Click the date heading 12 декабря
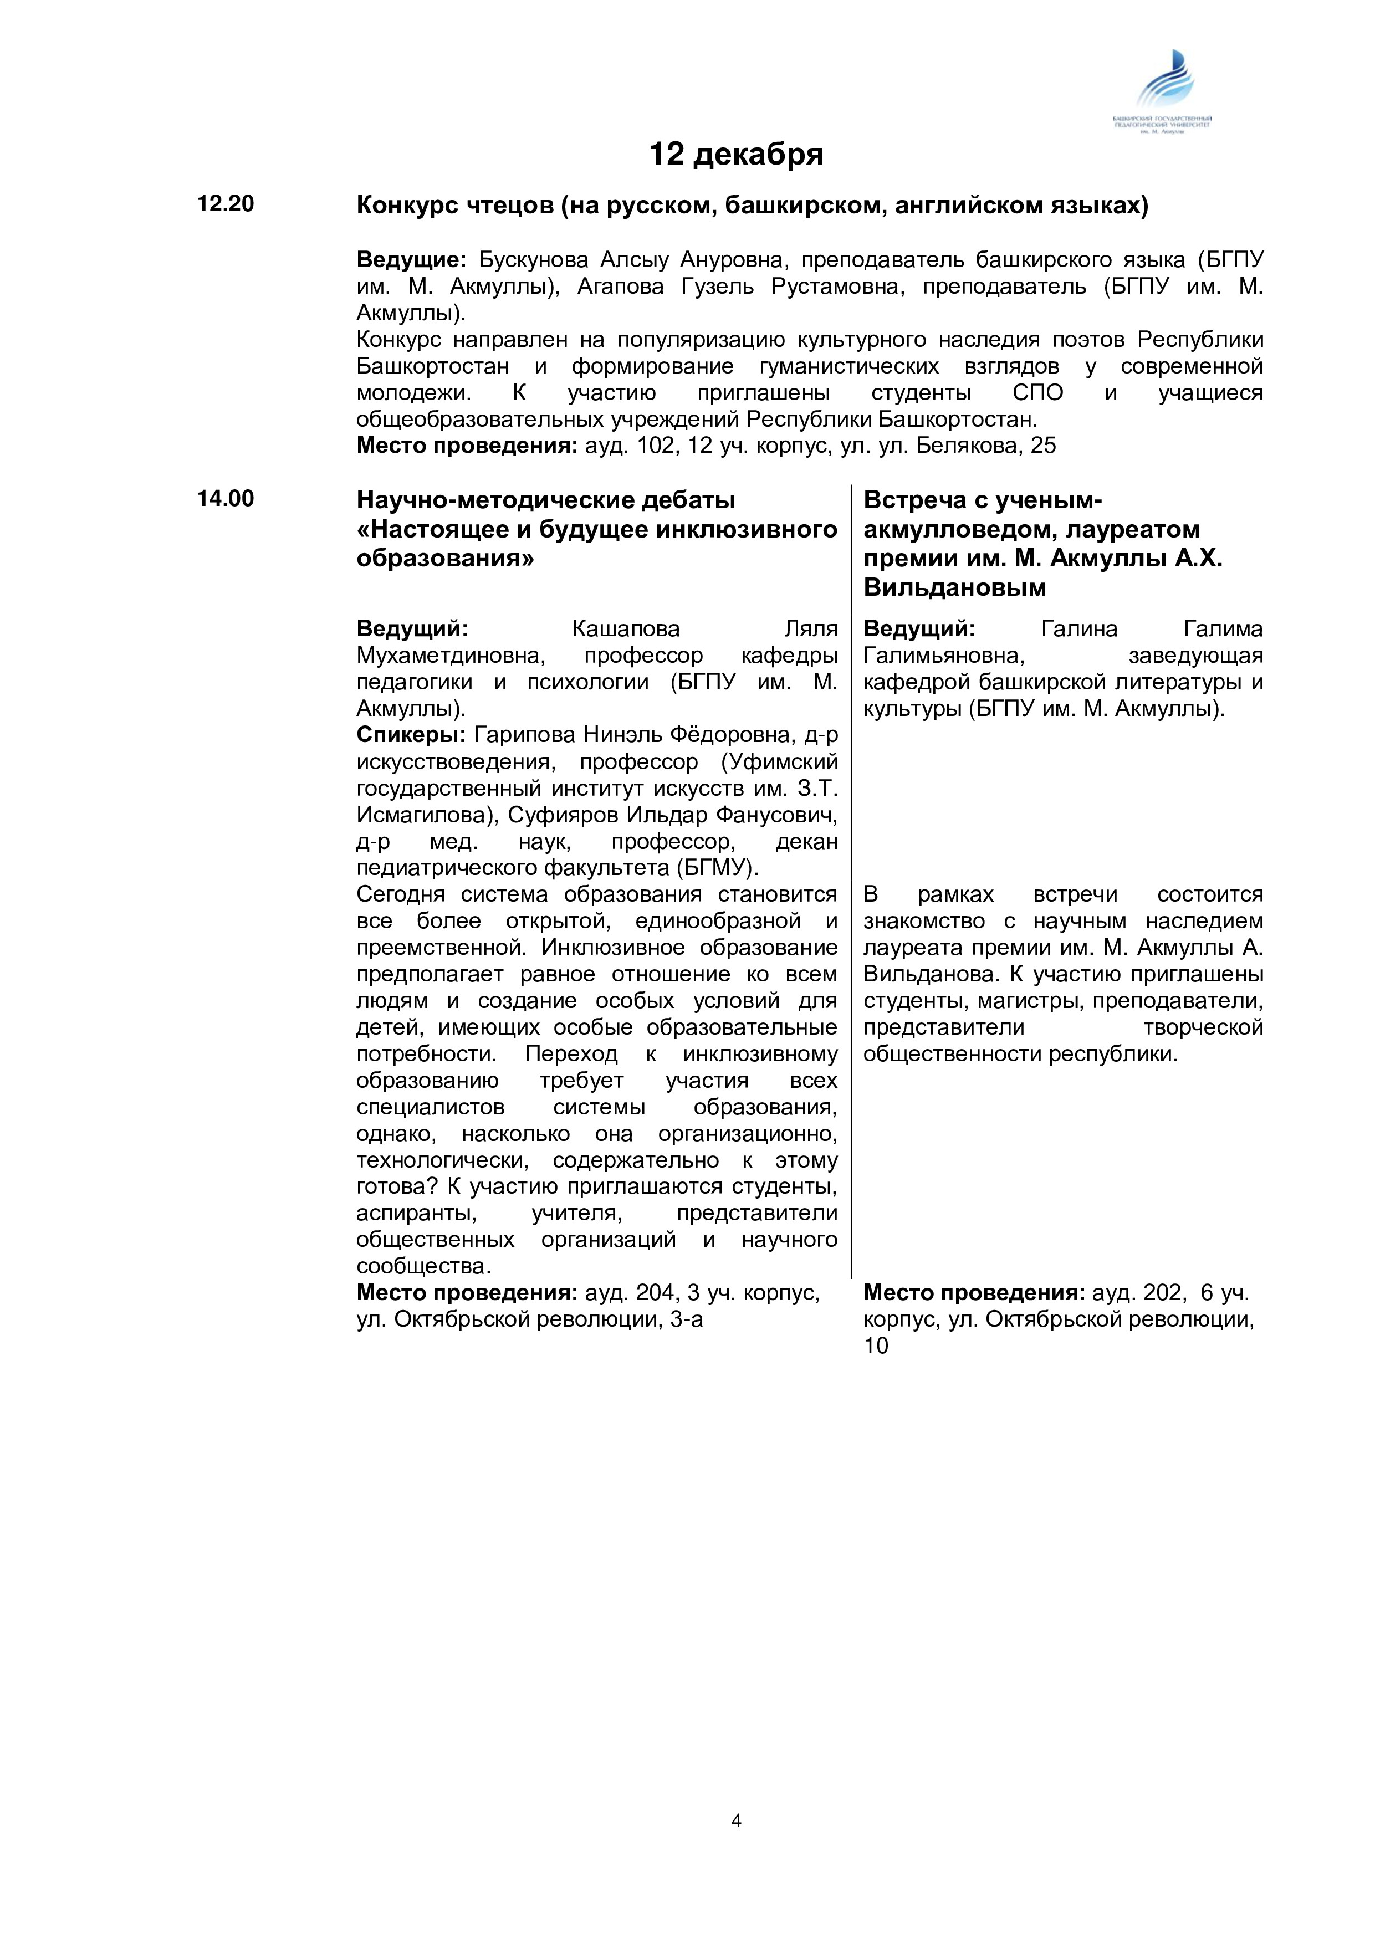pyautogui.click(x=736, y=154)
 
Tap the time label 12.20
pyautogui.click(x=225, y=204)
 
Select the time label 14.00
pyautogui.click(x=225, y=499)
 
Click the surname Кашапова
pyautogui.click(x=626, y=629)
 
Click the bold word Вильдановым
pyautogui.click(x=954, y=587)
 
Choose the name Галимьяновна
pyautogui.click(x=944, y=656)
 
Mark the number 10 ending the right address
pyautogui.click(x=876, y=1346)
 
